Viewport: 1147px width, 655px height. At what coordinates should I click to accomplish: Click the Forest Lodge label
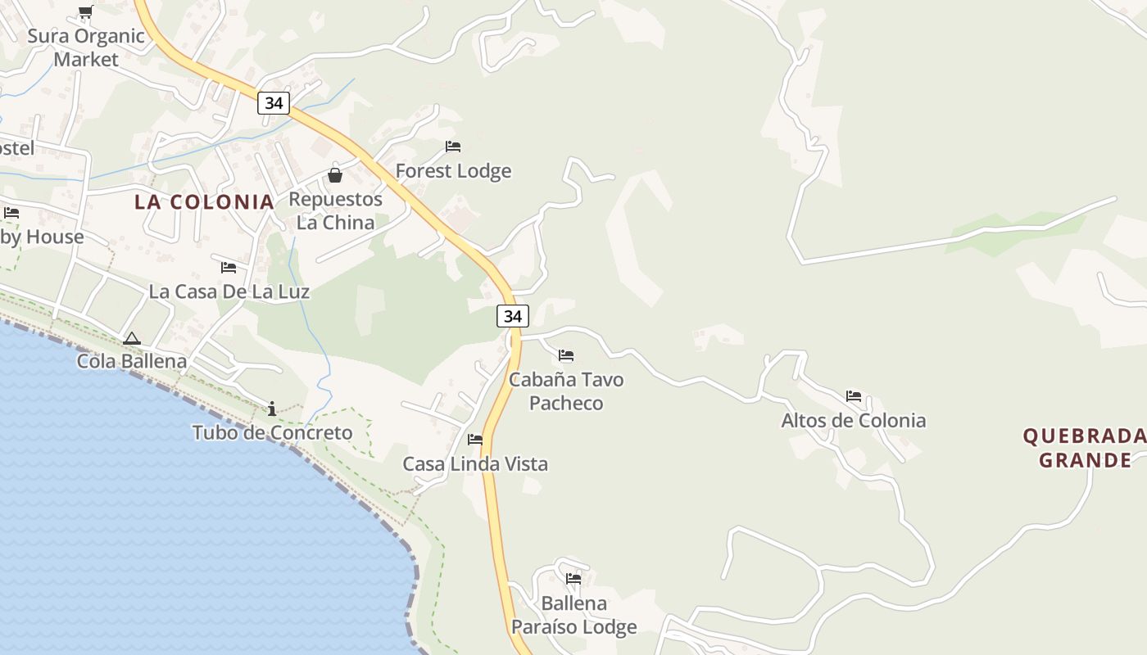(453, 171)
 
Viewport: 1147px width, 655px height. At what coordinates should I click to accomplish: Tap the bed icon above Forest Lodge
(453, 147)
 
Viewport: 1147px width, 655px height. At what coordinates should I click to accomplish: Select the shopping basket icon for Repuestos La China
(335, 174)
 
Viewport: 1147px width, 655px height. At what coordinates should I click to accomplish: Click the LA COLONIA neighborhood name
(204, 202)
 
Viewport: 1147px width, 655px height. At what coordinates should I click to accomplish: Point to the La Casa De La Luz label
(229, 291)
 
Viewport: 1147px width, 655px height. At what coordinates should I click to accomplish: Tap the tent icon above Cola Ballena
(131, 338)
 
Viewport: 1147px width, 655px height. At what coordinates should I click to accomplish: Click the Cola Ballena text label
(132, 361)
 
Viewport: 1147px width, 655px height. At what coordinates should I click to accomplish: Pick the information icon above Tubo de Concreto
(272, 408)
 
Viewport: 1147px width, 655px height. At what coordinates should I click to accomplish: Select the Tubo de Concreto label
(272, 432)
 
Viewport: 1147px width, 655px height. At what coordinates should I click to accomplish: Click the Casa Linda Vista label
(475, 464)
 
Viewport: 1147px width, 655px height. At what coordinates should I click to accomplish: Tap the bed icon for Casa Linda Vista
(475, 440)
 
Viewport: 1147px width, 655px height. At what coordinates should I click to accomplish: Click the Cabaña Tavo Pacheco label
(566, 391)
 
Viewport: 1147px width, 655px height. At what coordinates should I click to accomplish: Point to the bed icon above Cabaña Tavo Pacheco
(566, 355)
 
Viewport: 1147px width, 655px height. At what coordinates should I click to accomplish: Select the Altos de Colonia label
(854, 421)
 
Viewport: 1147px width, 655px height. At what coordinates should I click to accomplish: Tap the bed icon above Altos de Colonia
(854, 396)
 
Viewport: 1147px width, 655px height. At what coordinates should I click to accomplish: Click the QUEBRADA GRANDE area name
(1085, 448)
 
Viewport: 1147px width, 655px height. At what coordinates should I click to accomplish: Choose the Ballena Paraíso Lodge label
(573, 616)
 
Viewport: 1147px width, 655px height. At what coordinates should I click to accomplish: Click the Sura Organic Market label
(86, 47)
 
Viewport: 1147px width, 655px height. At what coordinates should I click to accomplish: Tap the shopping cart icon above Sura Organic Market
(85, 11)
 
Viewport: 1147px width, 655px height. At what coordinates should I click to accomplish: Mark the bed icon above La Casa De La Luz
(229, 267)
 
